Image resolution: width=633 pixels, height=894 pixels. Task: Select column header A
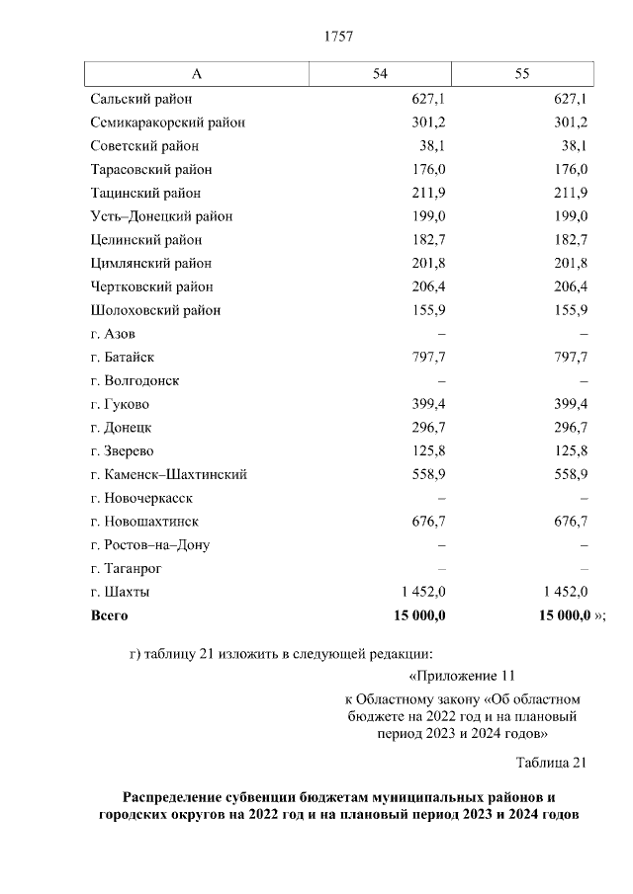click(x=197, y=75)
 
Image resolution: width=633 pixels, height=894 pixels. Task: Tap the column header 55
click(x=522, y=75)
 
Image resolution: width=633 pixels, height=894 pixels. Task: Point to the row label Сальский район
click(x=140, y=99)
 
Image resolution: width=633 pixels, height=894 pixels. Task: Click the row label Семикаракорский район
click(x=167, y=122)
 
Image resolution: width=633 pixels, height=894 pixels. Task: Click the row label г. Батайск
click(x=122, y=358)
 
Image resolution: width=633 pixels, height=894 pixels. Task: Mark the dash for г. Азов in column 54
click(x=442, y=334)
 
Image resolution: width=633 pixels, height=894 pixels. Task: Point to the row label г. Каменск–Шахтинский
click(x=168, y=474)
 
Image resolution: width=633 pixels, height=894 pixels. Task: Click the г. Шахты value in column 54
click(x=423, y=592)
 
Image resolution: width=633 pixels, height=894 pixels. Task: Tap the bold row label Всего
click(x=109, y=615)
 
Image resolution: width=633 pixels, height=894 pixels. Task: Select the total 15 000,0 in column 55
click(x=564, y=615)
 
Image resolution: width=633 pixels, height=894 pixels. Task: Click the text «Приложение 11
click(x=463, y=677)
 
